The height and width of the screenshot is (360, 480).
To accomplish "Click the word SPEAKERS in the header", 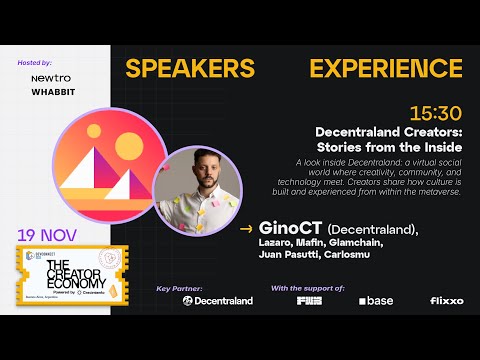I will (189, 69).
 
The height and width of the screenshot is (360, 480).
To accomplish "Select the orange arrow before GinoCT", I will (246, 229).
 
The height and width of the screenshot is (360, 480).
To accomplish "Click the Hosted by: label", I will (34, 63).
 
